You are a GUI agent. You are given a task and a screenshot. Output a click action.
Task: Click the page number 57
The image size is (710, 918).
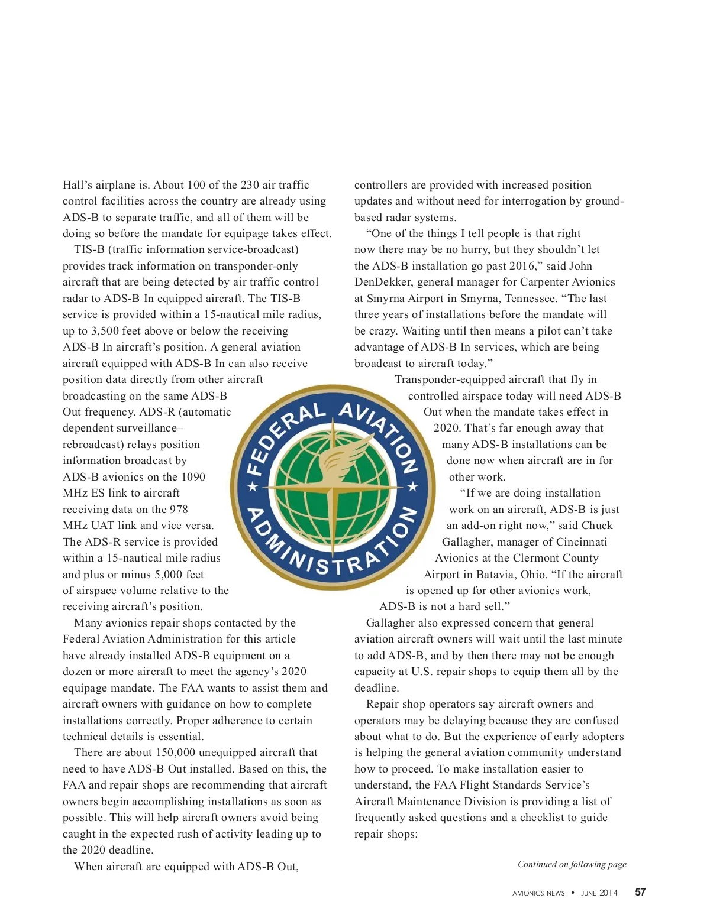[640, 892]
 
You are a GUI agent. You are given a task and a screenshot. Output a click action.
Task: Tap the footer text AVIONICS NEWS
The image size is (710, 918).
[538, 893]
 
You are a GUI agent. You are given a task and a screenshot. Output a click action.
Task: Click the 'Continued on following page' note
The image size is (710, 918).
[572, 864]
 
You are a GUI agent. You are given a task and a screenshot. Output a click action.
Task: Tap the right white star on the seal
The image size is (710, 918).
[414, 488]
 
